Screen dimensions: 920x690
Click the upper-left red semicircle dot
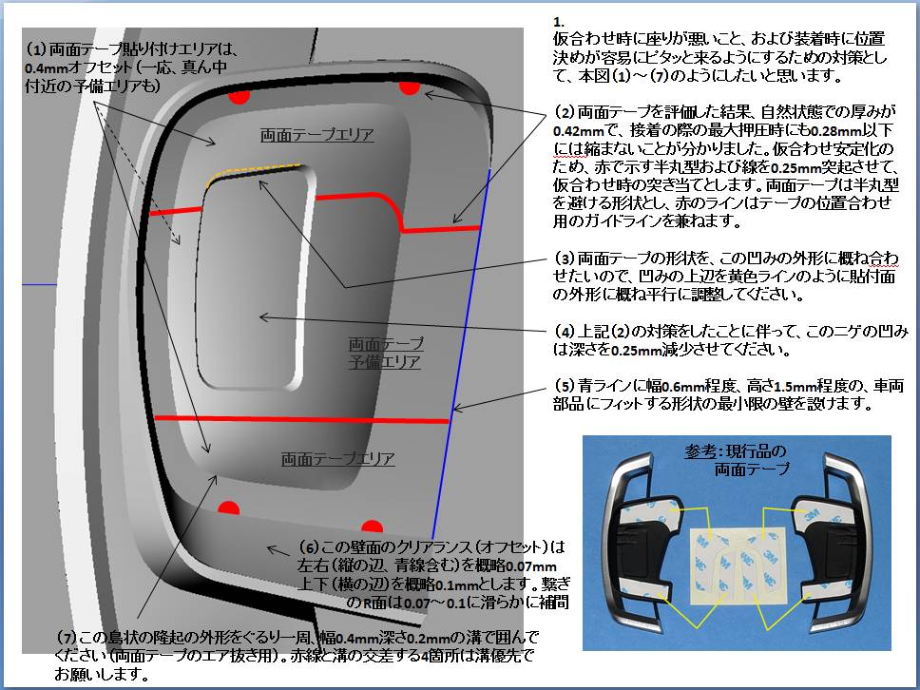pyautogui.click(x=239, y=96)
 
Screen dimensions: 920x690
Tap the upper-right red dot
pyautogui.click(x=410, y=87)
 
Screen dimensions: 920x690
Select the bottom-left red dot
pyautogui.click(x=228, y=506)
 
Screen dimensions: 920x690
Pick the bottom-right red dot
pyautogui.click(x=373, y=526)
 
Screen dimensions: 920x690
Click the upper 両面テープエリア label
pyautogui.click(x=316, y=135)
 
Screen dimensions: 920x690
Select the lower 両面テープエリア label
pyautogui.click(x=337, y=459)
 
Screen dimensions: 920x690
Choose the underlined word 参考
pyautogui.click(x=698, y=450)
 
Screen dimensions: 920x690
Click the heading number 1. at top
pyautogui.click(x=558, y=22)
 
